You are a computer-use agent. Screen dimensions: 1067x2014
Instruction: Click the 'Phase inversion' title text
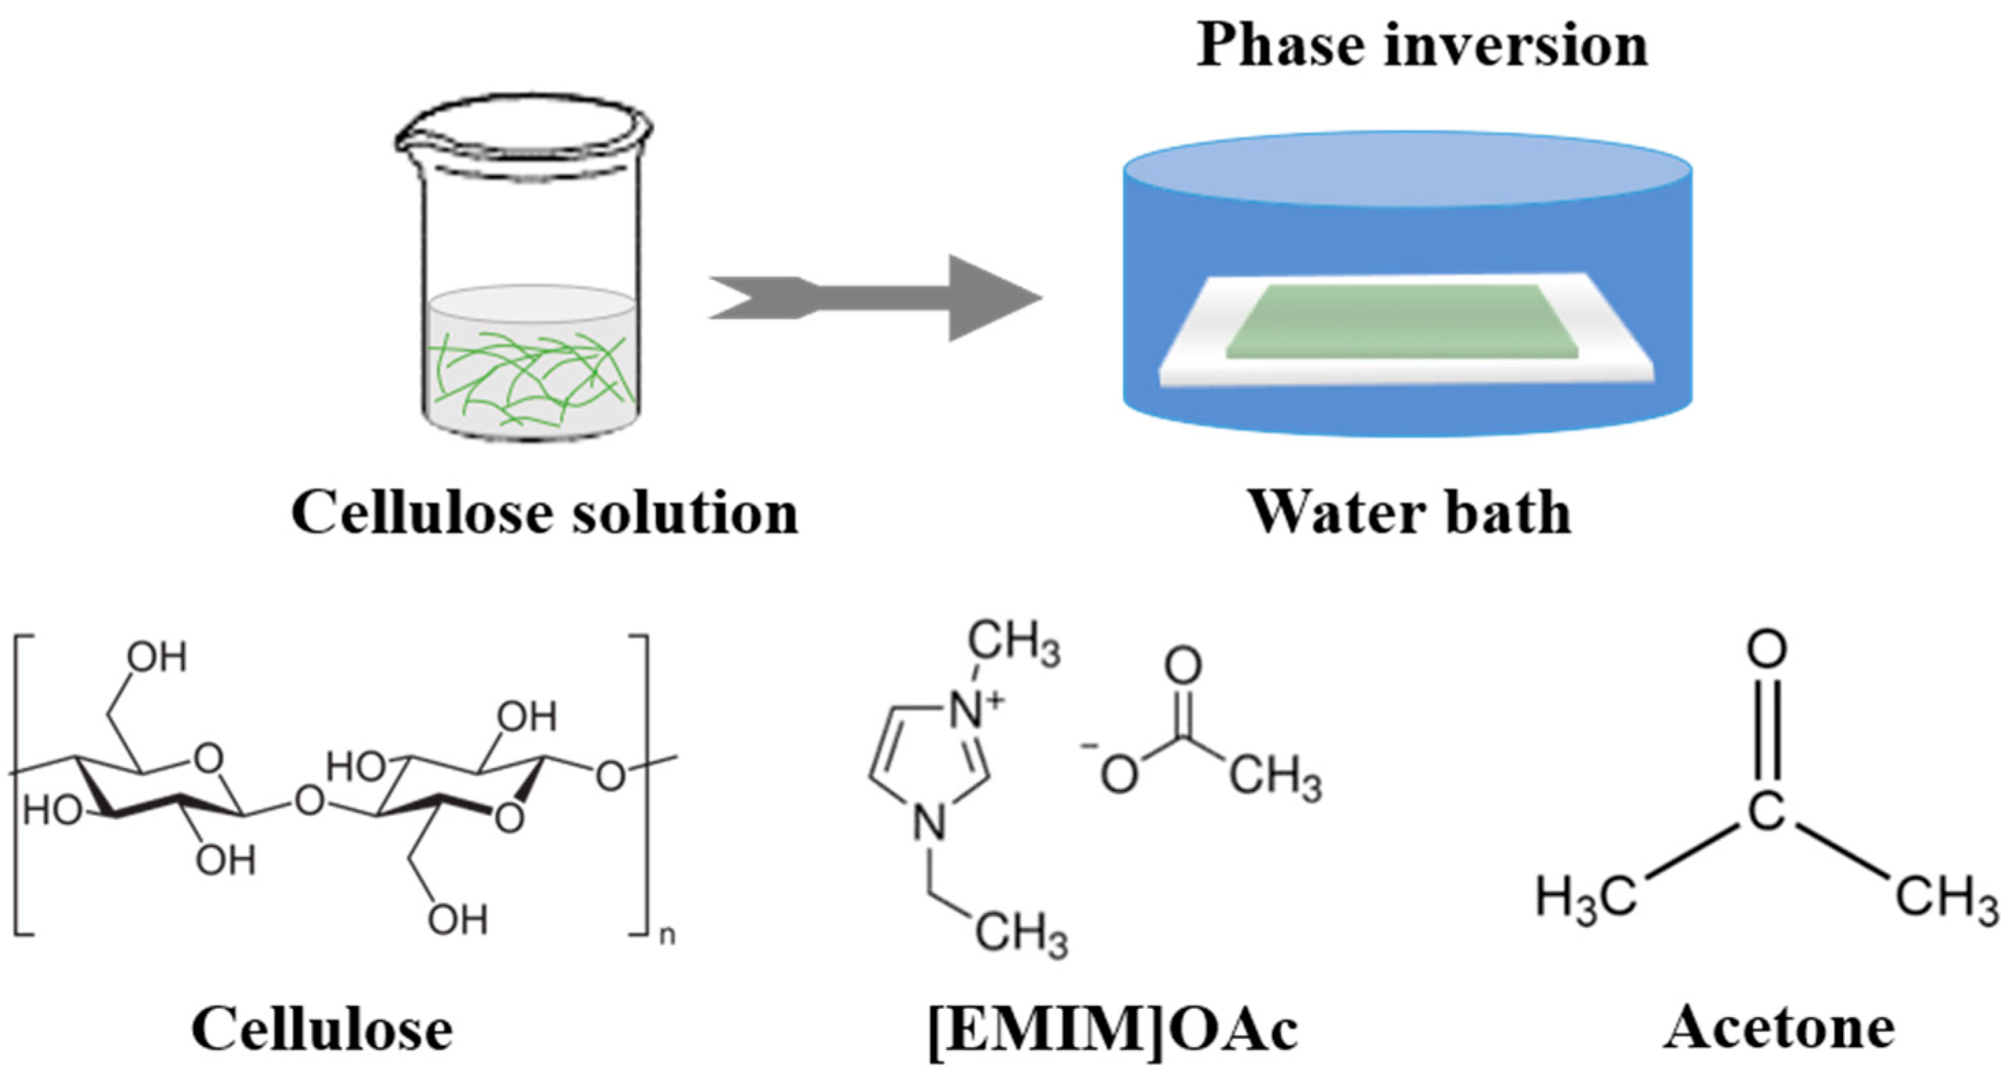[x=1421, y=45]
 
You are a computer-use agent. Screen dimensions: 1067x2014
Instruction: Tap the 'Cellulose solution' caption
[x=545, y=513]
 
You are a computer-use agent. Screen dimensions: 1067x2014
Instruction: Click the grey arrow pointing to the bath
[x=875, y=298]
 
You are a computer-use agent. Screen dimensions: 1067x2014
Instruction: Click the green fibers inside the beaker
[x=531, y=376]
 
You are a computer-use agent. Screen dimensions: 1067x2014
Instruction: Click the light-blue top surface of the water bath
[x=1407, y=169]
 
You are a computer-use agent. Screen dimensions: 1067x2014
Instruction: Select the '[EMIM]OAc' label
[x=1113, y=1029]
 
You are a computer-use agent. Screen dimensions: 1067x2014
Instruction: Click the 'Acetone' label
[x=1779, y=1028]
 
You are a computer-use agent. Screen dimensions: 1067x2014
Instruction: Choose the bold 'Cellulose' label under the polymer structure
[x=322, y=1029]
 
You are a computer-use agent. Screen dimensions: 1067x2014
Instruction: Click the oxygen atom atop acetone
[x=1767, y=650]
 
